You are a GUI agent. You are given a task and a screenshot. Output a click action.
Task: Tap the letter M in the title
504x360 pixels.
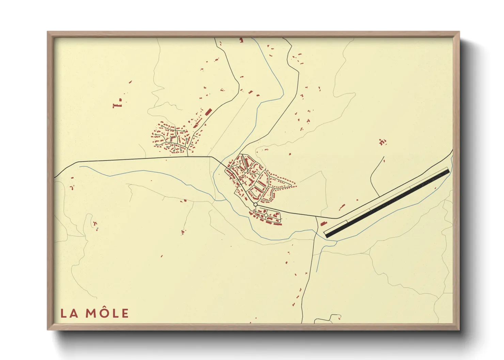coord(92,313)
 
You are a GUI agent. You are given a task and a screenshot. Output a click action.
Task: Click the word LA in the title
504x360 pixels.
coord(69,313)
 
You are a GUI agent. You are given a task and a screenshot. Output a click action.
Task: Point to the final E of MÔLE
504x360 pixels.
coord(125,313)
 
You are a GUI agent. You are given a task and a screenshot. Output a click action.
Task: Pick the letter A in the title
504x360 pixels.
coord(74,313)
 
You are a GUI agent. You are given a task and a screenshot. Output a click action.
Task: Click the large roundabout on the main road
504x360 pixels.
coord(255,204)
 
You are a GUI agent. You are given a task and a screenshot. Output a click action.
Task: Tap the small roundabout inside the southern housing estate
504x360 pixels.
coord(266,215)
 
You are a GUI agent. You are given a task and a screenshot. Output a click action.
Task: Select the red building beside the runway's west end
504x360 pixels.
coord(323,224)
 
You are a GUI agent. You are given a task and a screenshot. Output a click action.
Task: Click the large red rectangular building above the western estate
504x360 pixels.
coord(208,112)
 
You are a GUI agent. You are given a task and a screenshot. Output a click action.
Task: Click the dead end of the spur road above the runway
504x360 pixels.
coord(384,157)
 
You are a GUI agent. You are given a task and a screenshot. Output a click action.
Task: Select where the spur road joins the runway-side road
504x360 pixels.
coord(380,196)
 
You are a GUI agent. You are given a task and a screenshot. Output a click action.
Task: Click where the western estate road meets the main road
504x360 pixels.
coord(188,157)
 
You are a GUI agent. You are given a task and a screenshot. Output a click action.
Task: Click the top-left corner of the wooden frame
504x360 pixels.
coord(48,32)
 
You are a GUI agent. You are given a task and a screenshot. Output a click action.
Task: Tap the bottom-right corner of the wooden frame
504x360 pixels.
coord(459,329)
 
